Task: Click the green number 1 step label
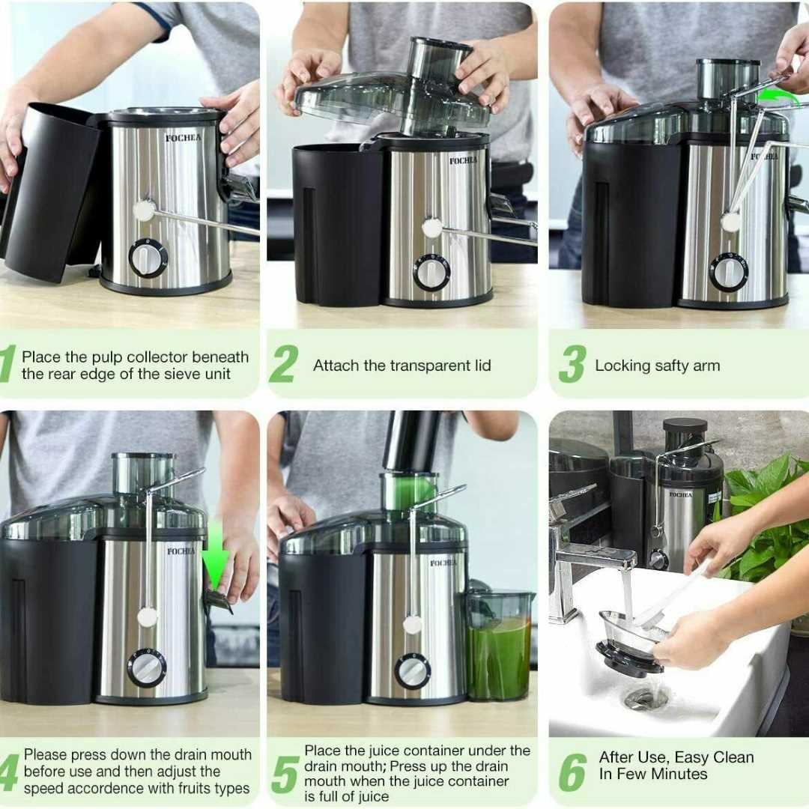click(x=7, y=364)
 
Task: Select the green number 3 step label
click(x=573, y=364)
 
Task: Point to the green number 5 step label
click(x=285, y=775)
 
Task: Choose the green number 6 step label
click(x=573, y=773)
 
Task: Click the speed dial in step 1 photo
click(x=148, y=258)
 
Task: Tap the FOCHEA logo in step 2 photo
click(x=463, y=161)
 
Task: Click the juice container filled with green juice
click(x=498, y=645)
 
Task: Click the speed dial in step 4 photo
click(x=147, y=668)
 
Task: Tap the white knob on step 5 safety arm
click(x=412, y=625)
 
